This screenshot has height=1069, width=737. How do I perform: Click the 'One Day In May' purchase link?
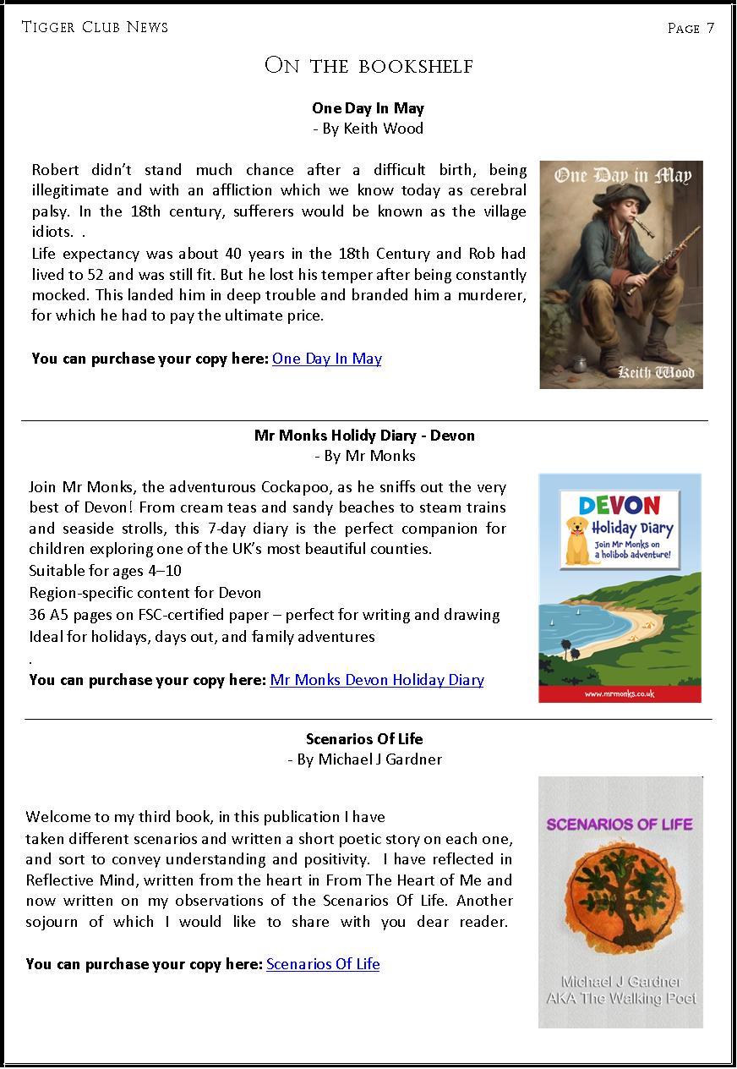coord(326,359)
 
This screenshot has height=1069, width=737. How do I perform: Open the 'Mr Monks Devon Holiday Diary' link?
coord(376,680)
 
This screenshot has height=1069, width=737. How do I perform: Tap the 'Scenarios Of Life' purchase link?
coord(323,964)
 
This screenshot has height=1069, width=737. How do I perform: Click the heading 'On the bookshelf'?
coord(368,66)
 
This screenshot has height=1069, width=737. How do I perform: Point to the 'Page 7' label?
coord(691,28)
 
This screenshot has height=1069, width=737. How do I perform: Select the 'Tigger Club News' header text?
coord(95,27)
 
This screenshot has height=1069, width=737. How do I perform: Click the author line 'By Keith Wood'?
coord(368,129)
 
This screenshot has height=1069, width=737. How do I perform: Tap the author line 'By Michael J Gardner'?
coord(365,759)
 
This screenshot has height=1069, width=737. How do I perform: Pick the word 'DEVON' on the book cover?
coord(620,505)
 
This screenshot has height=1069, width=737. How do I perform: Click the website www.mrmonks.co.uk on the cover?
coord(620,693)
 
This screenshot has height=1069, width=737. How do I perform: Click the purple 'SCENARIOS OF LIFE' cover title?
coord(620,824)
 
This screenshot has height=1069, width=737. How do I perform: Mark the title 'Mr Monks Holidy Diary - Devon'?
coord(364,436)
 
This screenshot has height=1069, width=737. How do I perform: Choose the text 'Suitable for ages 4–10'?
coord(106,571)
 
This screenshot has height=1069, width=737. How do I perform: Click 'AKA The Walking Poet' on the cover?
coord(621,999)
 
